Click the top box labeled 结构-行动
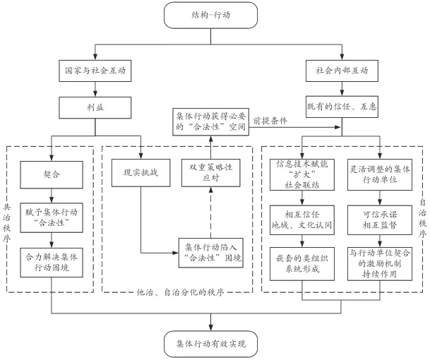(215, 14)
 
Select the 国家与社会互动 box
(86, 71)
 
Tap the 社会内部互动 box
(342, 71)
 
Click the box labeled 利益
(86, 108)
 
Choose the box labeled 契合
(50, 172)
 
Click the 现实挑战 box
(141, 172)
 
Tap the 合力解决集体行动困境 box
(50, 262)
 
